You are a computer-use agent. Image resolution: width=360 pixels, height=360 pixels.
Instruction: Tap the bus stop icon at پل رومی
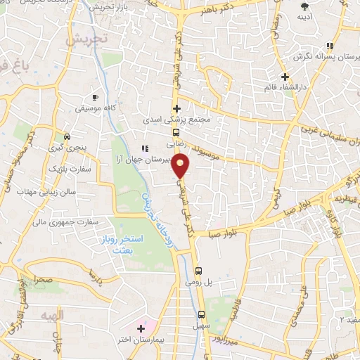(198, 270)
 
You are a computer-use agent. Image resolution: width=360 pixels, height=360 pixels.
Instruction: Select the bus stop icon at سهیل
(202, 314)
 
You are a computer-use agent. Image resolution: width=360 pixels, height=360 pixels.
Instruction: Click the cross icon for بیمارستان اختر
(141, 328)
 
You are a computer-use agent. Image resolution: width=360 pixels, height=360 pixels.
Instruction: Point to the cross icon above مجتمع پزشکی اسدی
(176, 108)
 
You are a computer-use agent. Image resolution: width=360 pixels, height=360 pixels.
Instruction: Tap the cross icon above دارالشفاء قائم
(285, 76)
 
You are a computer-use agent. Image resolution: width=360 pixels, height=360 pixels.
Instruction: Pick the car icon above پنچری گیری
(67, 136)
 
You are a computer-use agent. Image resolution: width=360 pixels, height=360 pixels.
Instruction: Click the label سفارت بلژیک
(65, 169)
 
